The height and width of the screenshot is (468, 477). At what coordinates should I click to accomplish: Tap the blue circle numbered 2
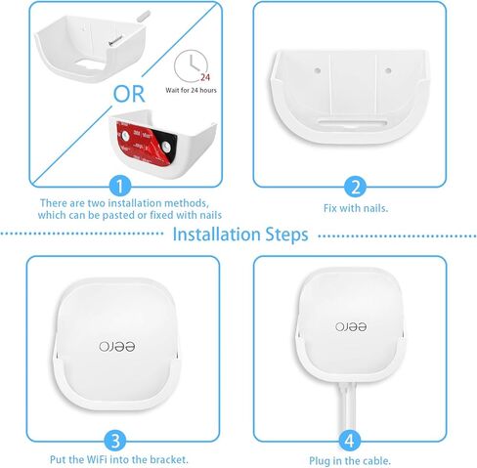[x=356, y=186]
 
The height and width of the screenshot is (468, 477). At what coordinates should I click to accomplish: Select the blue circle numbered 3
[x=116, y=439]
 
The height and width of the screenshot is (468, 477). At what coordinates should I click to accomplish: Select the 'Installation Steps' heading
[x=239, y=234]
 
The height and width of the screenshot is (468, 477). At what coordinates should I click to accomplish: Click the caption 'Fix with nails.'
[x=356, y=208]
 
